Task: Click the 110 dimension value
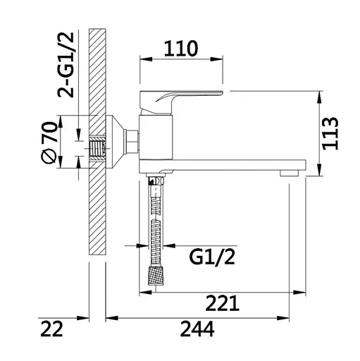(x=181, y=49)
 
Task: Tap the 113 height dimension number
(x=330, y=133)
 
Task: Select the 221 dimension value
(x=222, y=303)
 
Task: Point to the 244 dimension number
(x=197, y=329)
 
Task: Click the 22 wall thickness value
(x=51, y=329)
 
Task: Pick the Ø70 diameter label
(x=49, y=142)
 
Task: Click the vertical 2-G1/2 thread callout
(x=66, y=65)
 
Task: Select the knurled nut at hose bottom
(x=156, y=276)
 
